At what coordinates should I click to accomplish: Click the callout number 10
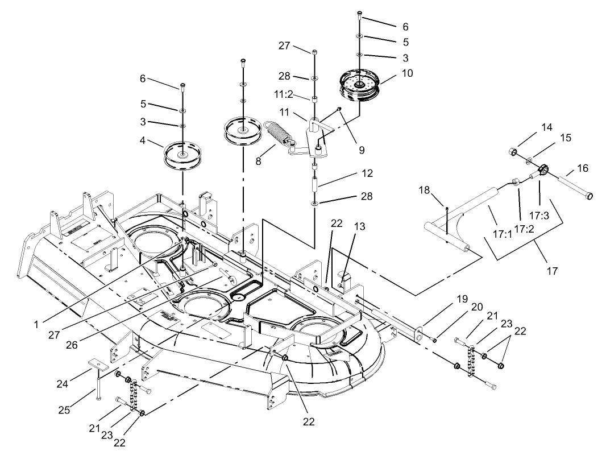408,73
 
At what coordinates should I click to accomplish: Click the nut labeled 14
511,151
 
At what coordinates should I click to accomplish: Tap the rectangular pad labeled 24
96,364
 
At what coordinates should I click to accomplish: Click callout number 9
362,151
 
